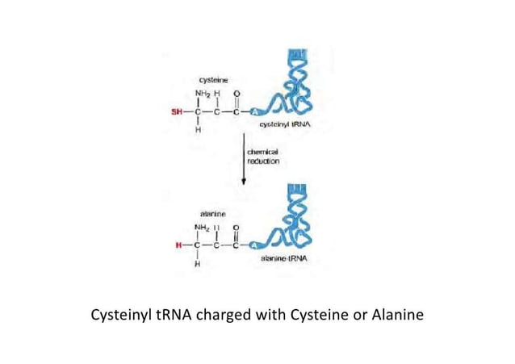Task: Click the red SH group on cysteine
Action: (x=173, y=111)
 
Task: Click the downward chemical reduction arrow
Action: (x=245, y=161)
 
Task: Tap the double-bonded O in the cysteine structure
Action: (x=236, y=94)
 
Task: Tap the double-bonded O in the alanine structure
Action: (x=236, y=227)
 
